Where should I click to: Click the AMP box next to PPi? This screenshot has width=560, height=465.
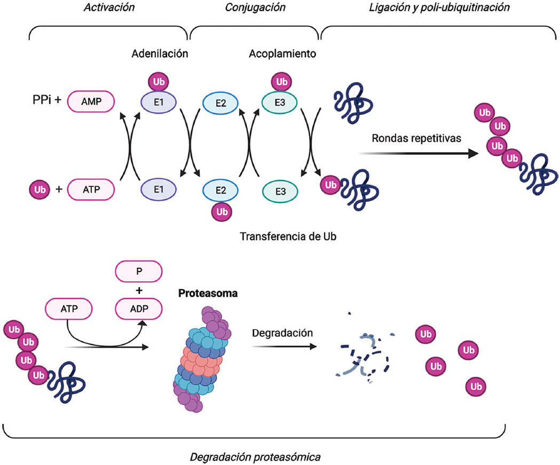[x=91, y=102]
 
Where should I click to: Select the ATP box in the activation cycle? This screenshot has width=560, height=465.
[x=91, y=189]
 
